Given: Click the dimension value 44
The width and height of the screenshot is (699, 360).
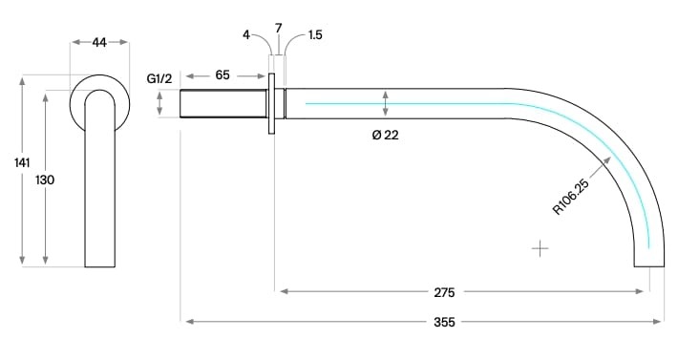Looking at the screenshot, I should click(99, 43).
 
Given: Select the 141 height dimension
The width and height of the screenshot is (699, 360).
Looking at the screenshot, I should click(22, 163).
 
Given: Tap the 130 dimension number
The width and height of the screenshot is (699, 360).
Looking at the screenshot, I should click(45, 180).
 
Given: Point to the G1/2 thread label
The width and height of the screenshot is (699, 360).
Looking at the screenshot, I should click(159, 77).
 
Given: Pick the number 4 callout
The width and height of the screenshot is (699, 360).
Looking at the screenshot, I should click(246, 35).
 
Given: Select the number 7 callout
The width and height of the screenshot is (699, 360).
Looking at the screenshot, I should click(278, 29).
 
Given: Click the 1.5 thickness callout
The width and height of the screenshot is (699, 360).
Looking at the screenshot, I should click(315, 35).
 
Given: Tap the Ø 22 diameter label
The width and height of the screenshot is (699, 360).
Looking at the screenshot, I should click(385, 135).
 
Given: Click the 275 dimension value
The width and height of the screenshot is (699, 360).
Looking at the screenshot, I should click(443, 291).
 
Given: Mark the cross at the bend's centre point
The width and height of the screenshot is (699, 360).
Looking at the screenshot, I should click(540, 249).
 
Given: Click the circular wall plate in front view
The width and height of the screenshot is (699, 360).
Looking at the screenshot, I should click(99, 81).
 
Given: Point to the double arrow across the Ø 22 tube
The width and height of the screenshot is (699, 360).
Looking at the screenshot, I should click(385, 103).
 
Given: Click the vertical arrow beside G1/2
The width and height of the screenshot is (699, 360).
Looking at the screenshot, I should click(159, 103).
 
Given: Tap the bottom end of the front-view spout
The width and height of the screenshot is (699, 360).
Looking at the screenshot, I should click(99, 265).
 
